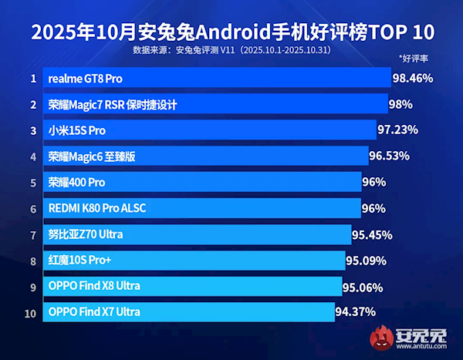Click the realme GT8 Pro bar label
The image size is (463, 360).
[85, 79]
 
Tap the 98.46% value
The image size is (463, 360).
[412, 79]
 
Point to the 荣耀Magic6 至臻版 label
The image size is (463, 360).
[92, 156]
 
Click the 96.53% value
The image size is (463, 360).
[389, 156]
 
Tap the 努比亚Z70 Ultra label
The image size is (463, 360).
[86, 234]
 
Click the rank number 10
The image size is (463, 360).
[32, 312]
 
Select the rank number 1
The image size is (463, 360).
[33, 79]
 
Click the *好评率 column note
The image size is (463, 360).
[414, 58]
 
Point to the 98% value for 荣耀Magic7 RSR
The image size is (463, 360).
[401, 104]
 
